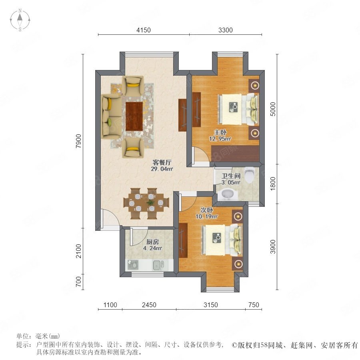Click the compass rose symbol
click(20, 20)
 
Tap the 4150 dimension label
click(144, 30)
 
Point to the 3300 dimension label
click(226, 30)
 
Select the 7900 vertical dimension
click(79, 141)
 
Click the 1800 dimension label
click(272, 184)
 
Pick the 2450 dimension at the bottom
click(149, 305)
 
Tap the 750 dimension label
click(254, 305)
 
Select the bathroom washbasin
click(227, 194)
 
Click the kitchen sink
click(158, 265)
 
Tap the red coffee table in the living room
click(134, 116)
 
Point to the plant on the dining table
click(151, 203)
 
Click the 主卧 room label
click(220, 132)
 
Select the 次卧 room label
click(207, 210)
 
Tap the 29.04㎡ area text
click(162, 169)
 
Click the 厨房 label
click(152, 242)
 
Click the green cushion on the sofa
click(109, 121)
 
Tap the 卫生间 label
click(231, 176)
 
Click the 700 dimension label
click(79, 282)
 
